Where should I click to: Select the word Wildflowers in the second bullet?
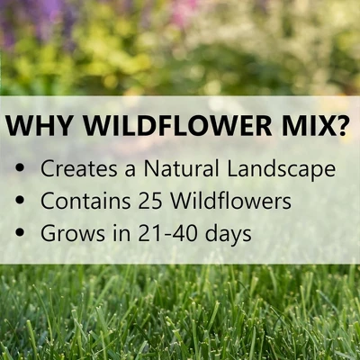pyautogui.click(x=229, y=200)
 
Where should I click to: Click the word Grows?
pyautogui.click(x=69, y=232)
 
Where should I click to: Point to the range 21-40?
pyautogui.click(x=164, y=232)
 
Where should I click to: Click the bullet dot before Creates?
pyautogui.click(x=22, y=169)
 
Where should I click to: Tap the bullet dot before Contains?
pyautogui.click(x=22, y=201)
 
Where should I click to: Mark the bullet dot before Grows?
pyautogui.click(x=22, y=232)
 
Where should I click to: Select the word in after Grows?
pyautogui.click(x=113, y=231)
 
